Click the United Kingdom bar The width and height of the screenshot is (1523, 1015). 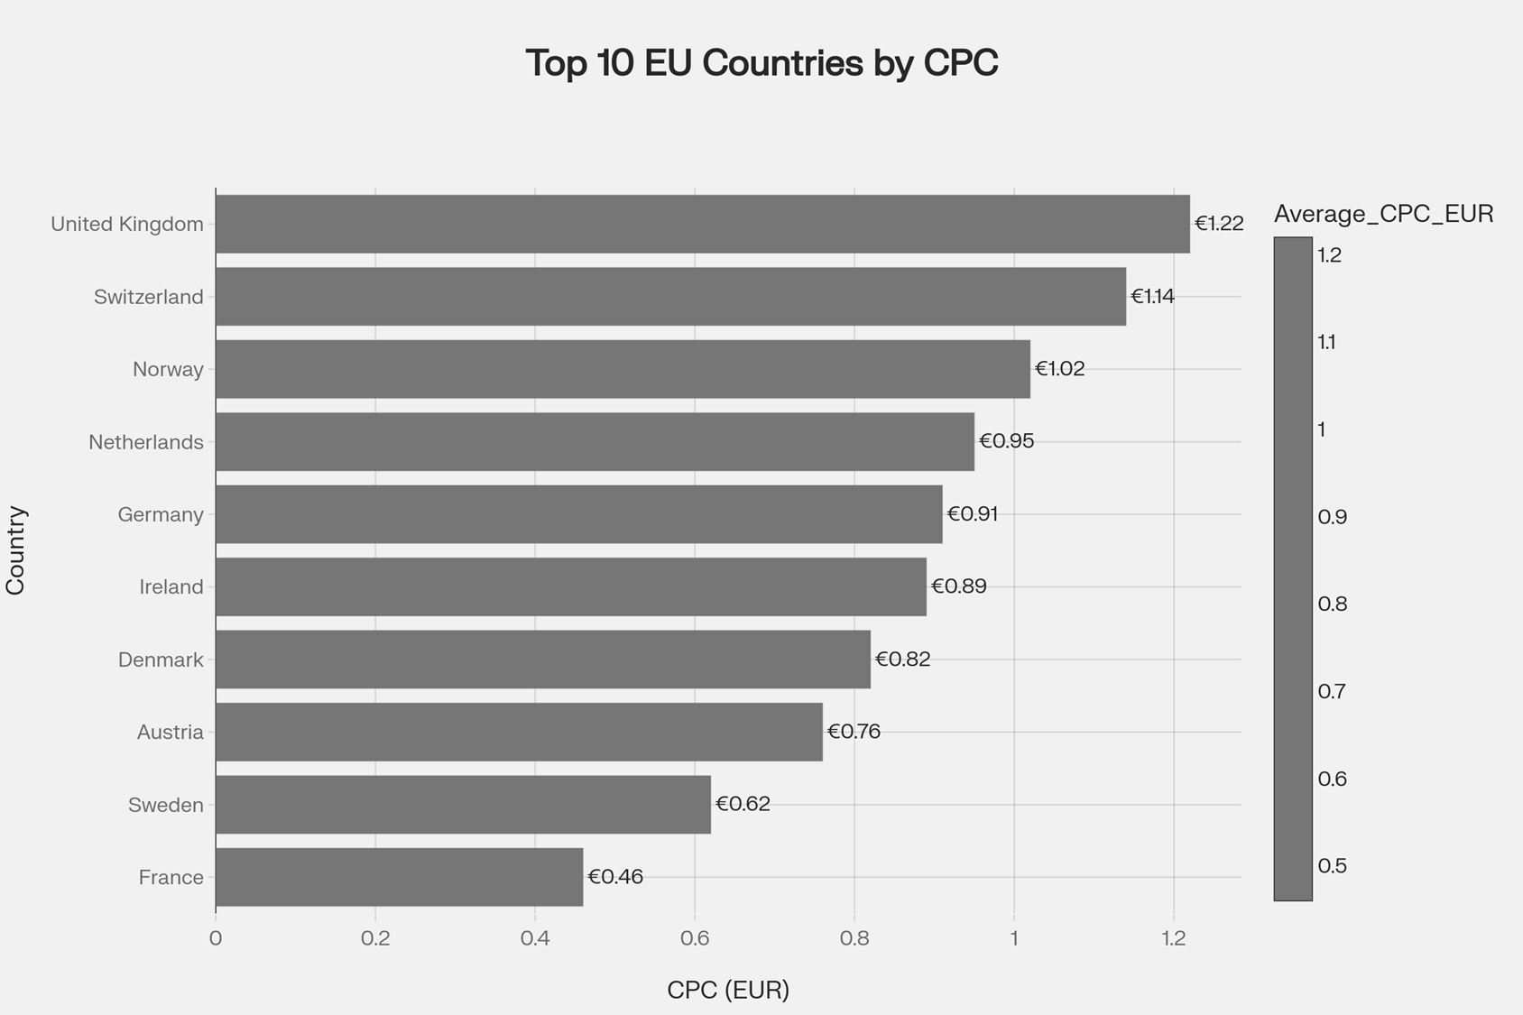pyautogui.click(x=702, y=224)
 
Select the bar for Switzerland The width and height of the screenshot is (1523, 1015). pyautogui.click(x=670, y=296)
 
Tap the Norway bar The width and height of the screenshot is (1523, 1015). pyautogui.click(x=623, y=369)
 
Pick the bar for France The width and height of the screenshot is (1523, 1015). pyautogui.click(x=399, y=877)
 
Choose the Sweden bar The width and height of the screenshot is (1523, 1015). pyautogui.click(x=463, y=804)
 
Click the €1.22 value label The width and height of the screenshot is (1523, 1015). pyautogui.click(x=1219, y=224)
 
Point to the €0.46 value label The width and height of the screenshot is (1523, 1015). pyautogui.click(x=615, y=877)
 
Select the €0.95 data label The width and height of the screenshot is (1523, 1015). pyautogui.click(x=1006, y=441)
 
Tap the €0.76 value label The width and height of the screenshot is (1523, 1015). pyautogui.click(x=854, y=732)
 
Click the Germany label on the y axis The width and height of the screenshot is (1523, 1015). pyautogui.click(x=161, y=514)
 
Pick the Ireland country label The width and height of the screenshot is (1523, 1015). pyautogui.click(x=171, y=587)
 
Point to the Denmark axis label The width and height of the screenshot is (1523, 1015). pyautogui.click(x=161, y=660)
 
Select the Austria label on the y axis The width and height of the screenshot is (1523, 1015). pyautogui.click(x=171, y=733)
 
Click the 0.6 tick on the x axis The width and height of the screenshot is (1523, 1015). pyautogui.click(x=695, y=938)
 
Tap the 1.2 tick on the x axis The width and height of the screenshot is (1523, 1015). pyautogui.click(x=1174, y=938)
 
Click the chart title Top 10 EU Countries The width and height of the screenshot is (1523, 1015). pyautogui.click(x=761, y=63)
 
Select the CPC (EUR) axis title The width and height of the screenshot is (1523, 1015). pyautogui.click(x=728, y=990)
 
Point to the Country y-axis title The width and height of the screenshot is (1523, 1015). pyautogui.click(x=16, y=550)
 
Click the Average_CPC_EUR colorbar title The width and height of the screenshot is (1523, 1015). pyautogui.click(x=1383, y=214)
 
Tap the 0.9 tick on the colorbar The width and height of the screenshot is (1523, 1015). pyautogui.click(x=1332, y=517)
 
